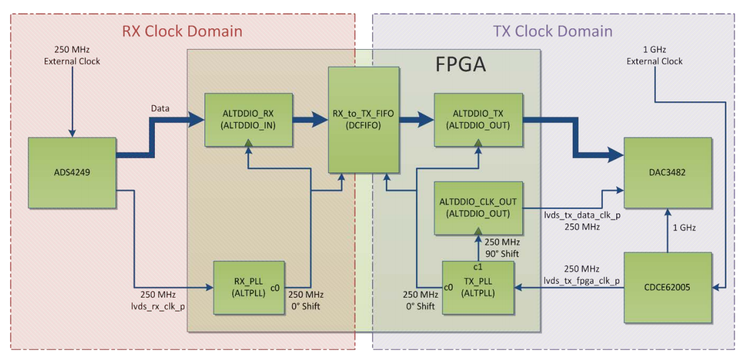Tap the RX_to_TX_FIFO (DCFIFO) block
tap(363, 120)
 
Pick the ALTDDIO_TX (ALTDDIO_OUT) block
tap(478, 120)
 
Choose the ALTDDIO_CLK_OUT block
tap(478, 208)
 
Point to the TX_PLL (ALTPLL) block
tap(478, 287)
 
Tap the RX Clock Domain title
tap(182, 31)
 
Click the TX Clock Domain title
tap(552, 31)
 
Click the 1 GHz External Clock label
tap(655, 56)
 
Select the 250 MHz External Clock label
tap(72, 56)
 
